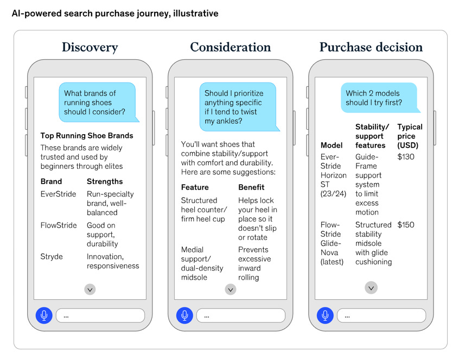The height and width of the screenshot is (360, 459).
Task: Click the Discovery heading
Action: [x=90, y=47]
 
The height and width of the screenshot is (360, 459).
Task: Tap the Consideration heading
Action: [x=230, y=47]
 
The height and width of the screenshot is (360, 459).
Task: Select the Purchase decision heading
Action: [x=371, y=47]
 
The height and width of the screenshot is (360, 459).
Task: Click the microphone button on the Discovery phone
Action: [x=44, y=315]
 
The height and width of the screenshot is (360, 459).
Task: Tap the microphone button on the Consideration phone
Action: [x=184, y=315]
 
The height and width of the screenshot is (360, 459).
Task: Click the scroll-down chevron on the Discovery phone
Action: [x=90, y=289]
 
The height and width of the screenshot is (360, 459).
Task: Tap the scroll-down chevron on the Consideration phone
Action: [x=231, y=289]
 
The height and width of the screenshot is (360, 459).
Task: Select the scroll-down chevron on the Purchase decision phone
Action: [x=371, y=288]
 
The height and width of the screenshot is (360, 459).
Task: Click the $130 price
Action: [x=406, y=157]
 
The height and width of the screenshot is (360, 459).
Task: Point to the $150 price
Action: [x=406, y=225]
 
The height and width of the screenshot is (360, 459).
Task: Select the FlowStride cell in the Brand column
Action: [x=59, y=225]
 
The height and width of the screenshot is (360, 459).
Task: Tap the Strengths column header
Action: [x=105, y=181]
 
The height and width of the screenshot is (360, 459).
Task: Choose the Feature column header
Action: [x=195, y=187]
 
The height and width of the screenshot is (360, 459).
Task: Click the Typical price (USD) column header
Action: [x=410, y=136]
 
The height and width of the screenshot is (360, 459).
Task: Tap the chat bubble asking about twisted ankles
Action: [x=237, y=106]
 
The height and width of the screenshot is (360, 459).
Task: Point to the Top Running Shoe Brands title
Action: [x=87, y=136]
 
